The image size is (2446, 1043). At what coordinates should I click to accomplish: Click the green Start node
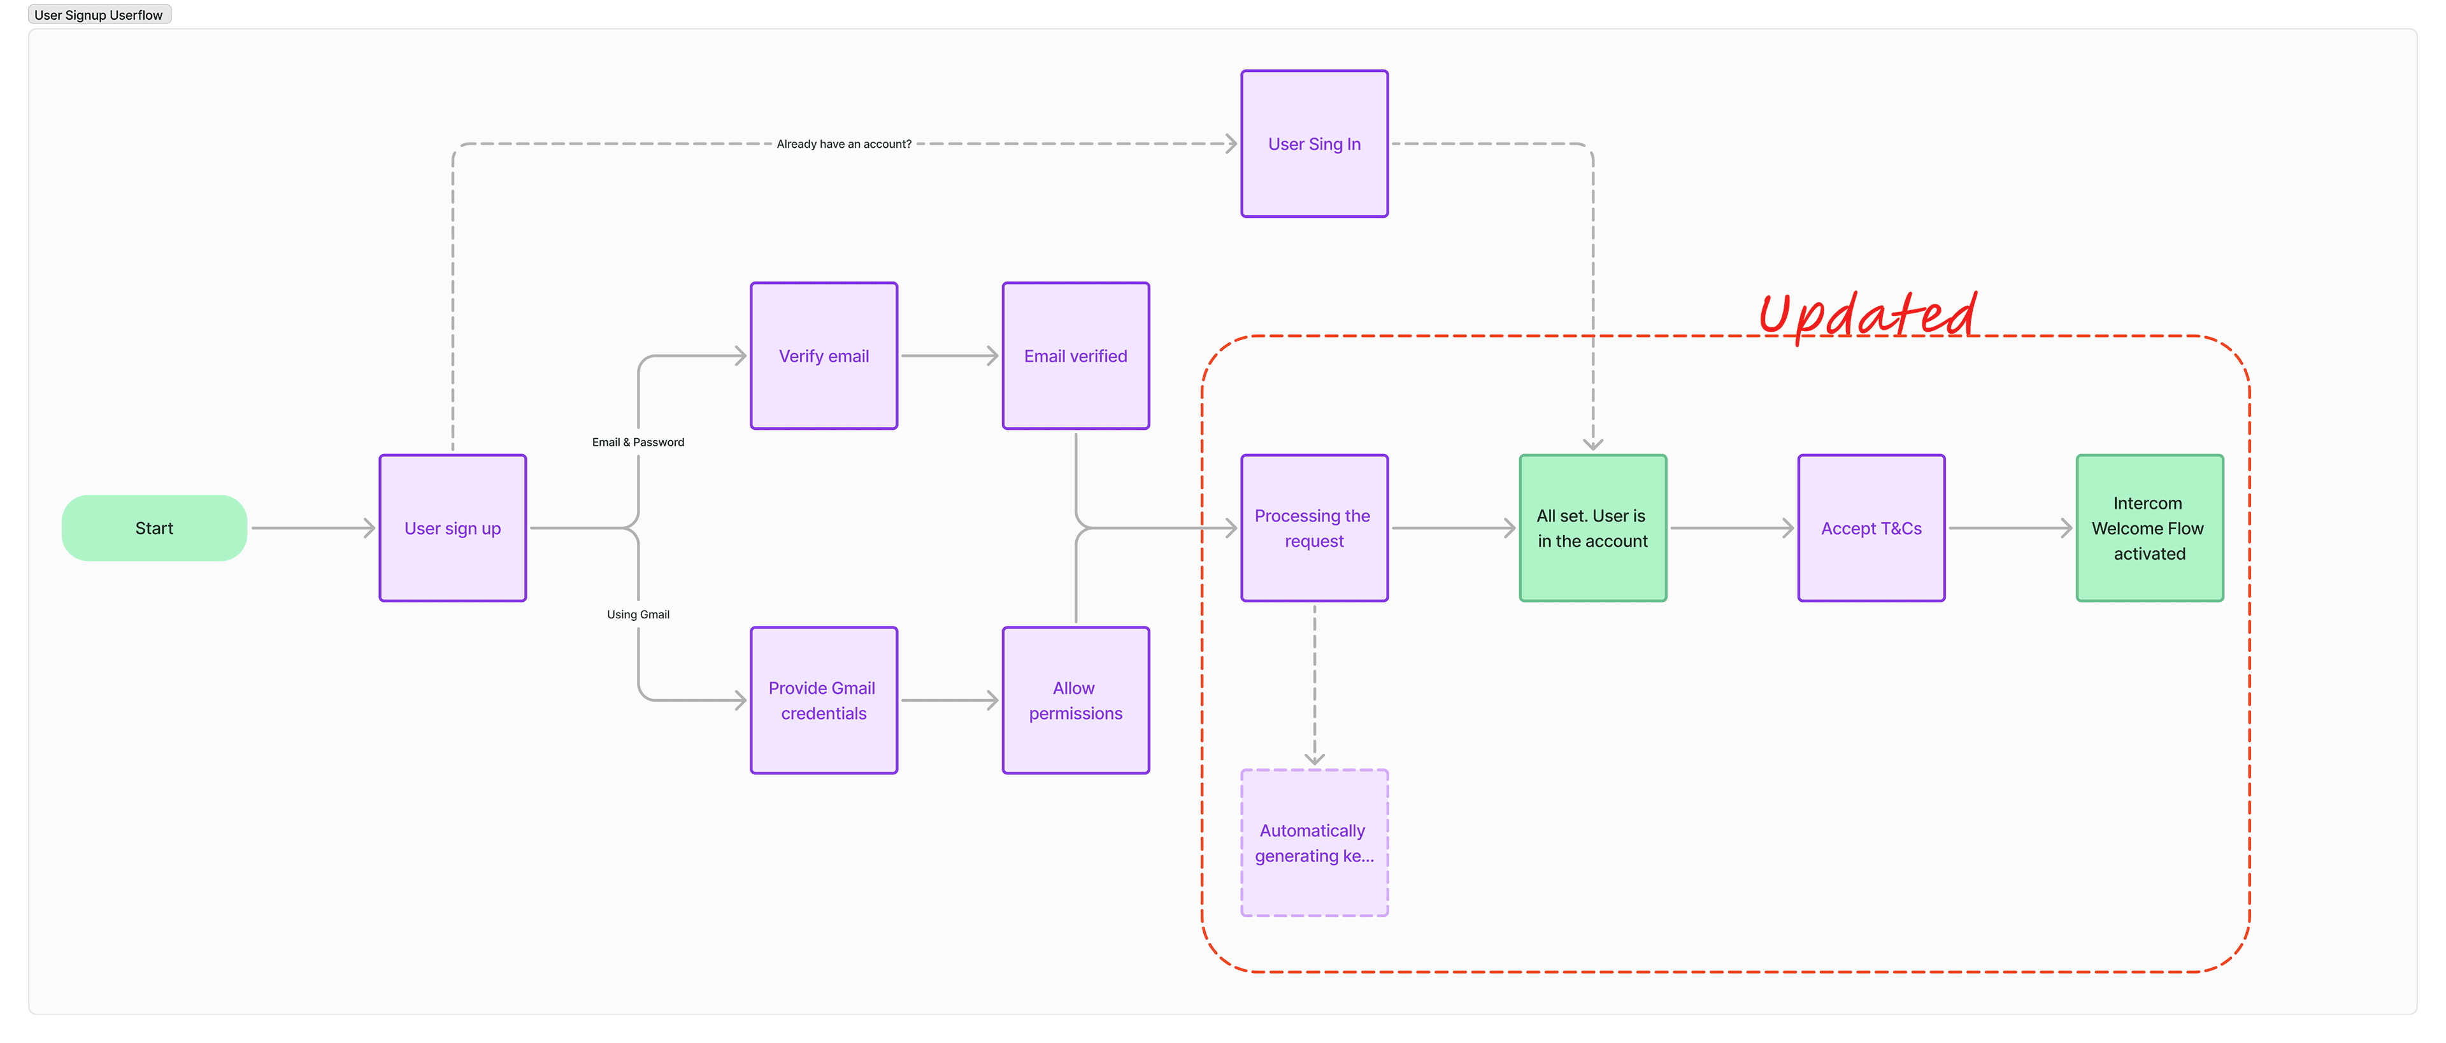click(154, 528)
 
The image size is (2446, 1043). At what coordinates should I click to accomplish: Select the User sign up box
click(452, 528)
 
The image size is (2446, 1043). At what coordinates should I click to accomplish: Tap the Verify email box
click(823, 356)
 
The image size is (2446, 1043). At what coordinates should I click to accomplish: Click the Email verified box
click(1075, 356)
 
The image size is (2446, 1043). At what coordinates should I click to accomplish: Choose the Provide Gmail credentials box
click(823, 700)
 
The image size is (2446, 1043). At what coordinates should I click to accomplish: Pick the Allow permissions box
click(1075, 700)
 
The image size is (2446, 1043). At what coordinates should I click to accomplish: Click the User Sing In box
click(1314, 143)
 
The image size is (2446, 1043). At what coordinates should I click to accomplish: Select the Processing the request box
click(1314, 528)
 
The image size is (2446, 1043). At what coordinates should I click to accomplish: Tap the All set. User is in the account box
click(1592, 528)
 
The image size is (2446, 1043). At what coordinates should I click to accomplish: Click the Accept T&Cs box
click(1871, 528)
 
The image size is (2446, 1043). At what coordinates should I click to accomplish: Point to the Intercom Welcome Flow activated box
click(2149, 528)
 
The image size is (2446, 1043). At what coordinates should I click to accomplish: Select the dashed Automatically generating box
click(1314, 843)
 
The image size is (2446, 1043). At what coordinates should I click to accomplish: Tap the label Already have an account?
click(843, 145)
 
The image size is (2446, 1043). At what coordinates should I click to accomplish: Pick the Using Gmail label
click(638, 614)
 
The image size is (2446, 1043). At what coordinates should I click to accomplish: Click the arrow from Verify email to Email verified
click(948, 356)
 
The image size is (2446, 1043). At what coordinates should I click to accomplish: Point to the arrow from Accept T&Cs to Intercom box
click(2009, 528)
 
